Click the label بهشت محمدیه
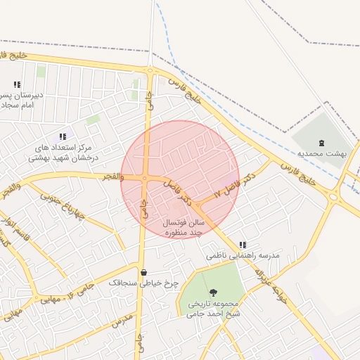click(x=322, y=153)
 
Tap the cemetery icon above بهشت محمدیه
click(x=322, y=142)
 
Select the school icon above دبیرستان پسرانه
click(x=17, y=84)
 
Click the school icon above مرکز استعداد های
click(x=63, y=136)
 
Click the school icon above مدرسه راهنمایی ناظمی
click(x=243, y=245)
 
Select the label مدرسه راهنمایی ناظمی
click(x=243, y=255)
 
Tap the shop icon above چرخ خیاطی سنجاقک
click(x=144, y=272)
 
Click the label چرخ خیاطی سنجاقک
click(x=144, y=283)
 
